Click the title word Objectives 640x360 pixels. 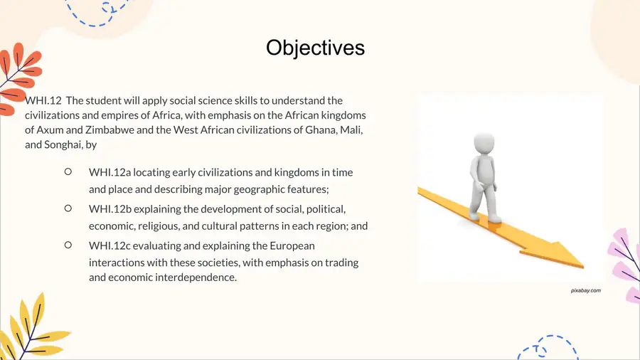point(315,48)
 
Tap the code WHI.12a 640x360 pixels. point(110,172)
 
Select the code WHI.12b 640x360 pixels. point(110,209)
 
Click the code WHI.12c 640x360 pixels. point(110,245)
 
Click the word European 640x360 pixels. point(292,246)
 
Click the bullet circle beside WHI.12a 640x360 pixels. point(68,172)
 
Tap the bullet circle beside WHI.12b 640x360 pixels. point(68,208)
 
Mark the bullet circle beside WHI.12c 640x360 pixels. point(68,245)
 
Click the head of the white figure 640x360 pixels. point(484,143)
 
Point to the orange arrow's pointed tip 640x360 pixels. point(584,268)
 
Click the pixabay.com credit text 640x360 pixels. point(586,290)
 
